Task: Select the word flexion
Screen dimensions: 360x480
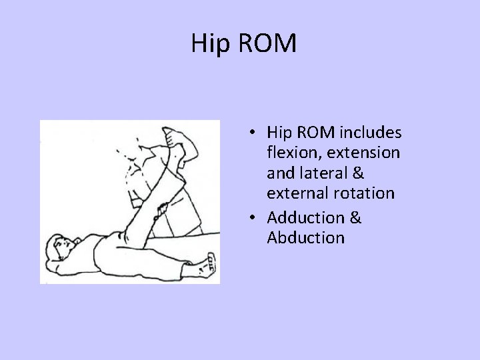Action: (x=294, y=153)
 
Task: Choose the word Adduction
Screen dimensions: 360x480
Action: (x=305, y=217)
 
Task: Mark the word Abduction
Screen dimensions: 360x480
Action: (x=306, y=237)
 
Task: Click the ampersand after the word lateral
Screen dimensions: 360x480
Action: (x=357, y=173)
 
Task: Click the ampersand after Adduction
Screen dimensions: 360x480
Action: (x=355, y=217)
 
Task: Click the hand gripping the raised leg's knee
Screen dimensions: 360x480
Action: (x=159, y=214)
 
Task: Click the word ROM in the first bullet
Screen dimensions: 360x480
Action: (x=317, y=133)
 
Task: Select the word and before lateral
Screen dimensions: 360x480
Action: (x=280, y=173)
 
